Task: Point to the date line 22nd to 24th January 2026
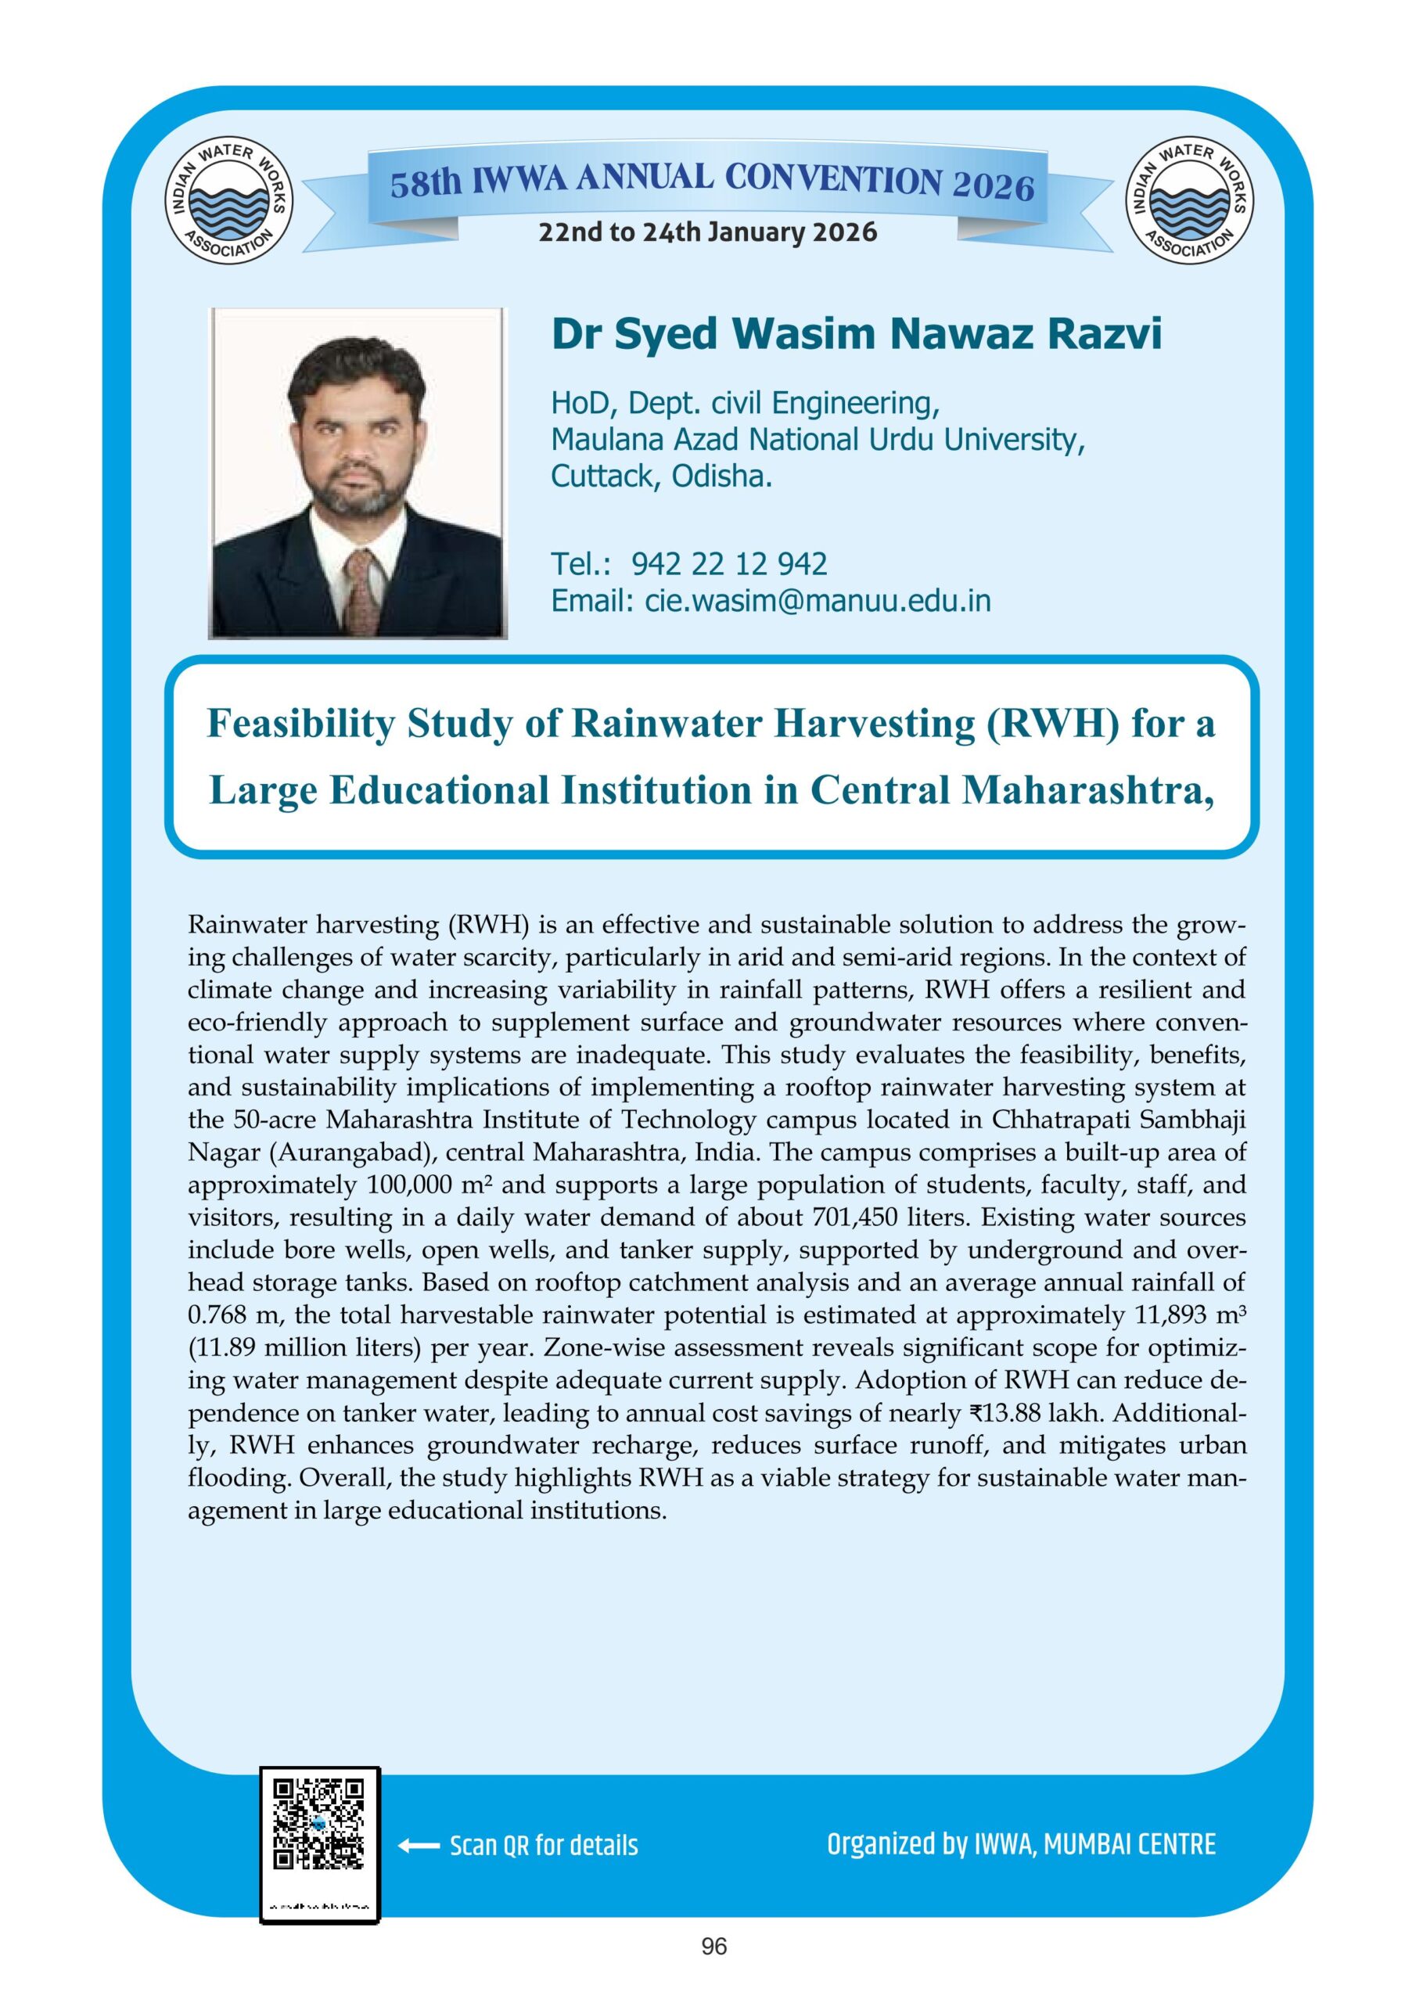click(707, 233)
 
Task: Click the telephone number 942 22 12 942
click(728, 564)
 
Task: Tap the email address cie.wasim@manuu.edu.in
click(818, 601)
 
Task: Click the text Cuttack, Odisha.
click(661, 476)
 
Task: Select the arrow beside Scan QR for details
click(418, 1846)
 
